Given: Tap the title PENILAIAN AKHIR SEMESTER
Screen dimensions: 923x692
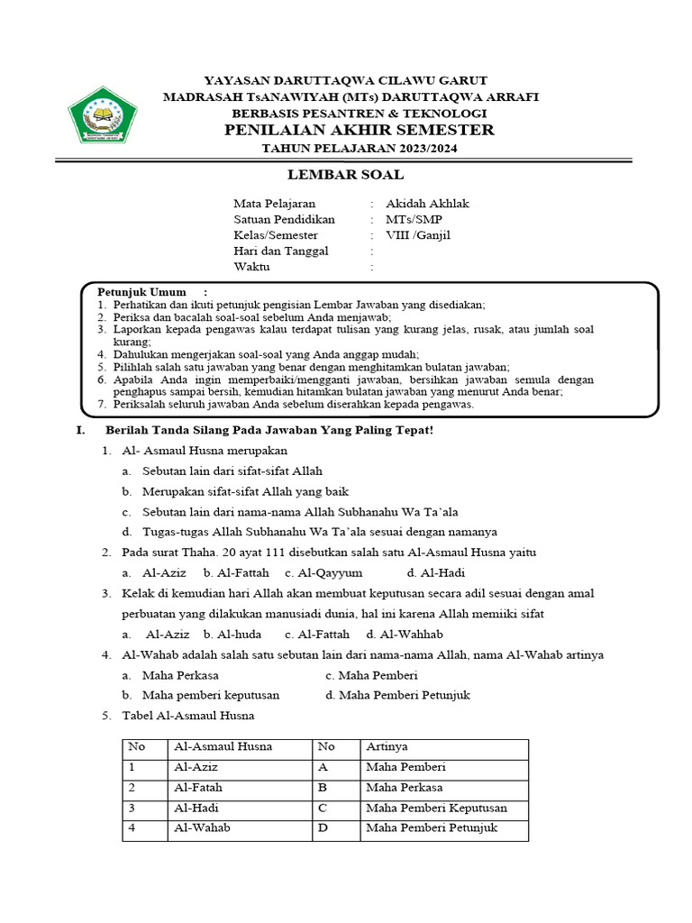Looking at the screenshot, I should click(359, 131).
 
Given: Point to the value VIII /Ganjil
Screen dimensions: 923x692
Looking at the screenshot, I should click(418, 235).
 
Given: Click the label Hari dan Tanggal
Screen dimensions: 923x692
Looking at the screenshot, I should click(281, 251).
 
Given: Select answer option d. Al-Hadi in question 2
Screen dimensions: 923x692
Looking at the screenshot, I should click(435, 572).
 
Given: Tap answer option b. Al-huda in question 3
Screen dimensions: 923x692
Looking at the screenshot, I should click(232, 635).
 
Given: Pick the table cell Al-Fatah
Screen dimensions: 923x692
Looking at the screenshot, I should click(198, 788).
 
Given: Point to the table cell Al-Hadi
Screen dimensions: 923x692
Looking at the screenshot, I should click(196, 809).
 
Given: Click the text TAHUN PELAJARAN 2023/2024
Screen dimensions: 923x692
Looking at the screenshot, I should click(359, 149).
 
